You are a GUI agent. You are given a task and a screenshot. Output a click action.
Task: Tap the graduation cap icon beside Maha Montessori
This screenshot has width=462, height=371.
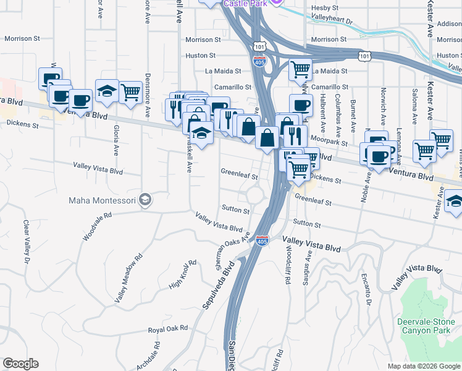click(145, 200)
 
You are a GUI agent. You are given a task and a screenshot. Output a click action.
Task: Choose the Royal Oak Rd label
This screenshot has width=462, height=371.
click(167, 329)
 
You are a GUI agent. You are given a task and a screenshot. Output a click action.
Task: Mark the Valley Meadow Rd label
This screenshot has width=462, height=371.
click(128, 278)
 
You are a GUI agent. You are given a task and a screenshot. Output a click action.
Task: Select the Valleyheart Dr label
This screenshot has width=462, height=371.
click(332, 21)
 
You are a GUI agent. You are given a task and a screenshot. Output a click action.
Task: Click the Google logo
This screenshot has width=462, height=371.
click(20, 364)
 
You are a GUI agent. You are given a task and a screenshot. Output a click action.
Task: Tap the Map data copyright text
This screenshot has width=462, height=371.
click(424, 366)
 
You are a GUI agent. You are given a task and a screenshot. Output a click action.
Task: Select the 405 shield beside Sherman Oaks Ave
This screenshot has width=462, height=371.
click(262, 238)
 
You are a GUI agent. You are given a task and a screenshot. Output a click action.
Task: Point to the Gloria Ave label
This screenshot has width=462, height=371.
click(115, 143)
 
